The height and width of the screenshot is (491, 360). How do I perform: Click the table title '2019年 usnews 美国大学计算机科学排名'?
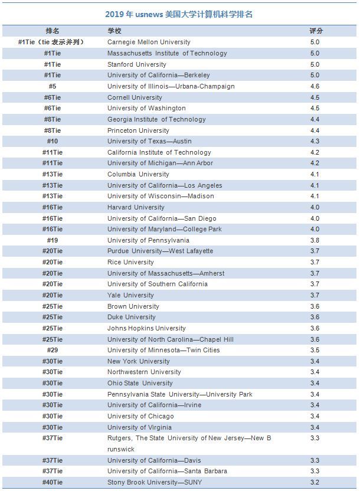click(179, 14)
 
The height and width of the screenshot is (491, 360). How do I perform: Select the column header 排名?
click(53, 31)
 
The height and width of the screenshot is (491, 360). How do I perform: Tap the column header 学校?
click(114, 31)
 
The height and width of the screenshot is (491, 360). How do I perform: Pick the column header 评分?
click(316, 31)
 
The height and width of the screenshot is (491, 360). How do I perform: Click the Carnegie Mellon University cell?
click(149, 42)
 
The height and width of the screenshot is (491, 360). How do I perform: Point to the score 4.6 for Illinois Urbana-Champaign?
click(315, 86)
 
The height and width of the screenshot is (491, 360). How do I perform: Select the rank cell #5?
click(53, 86)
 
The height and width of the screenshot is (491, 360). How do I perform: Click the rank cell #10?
click(53, 141)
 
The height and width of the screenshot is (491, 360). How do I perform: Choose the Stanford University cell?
click(137, 64)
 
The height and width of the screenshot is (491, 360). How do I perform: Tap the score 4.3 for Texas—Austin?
click(315, 141)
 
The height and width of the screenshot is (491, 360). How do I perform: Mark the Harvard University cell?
click(136, 207)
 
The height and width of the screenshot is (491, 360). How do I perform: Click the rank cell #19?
click(53, 240)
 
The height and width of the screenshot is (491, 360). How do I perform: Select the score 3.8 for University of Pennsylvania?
click(315, 240)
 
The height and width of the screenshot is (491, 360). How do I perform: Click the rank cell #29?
click(53, 350)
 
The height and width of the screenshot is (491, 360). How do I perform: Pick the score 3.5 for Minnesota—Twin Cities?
click(315, 350)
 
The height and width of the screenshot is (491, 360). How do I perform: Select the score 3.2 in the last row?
click(315, 482)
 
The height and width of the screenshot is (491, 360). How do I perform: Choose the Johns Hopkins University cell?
click(146, 328)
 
